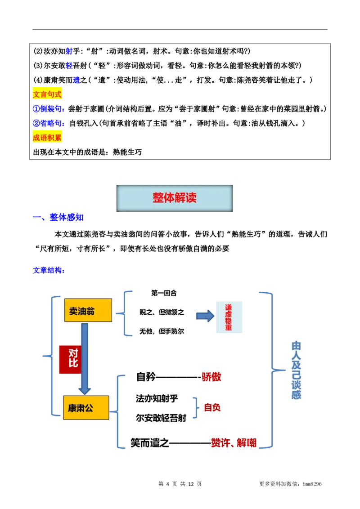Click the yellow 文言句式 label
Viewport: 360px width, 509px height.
coord(48,94)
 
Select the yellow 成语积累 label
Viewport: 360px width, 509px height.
coord(48,137)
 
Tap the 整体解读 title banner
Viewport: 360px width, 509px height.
coord(175,198)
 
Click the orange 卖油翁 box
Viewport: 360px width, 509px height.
coord(88,311)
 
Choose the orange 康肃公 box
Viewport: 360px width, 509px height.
coord(86,408)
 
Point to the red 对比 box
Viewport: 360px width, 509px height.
coord(70,358)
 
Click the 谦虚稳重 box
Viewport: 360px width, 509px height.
coord(229,317)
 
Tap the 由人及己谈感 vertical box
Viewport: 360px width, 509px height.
coord(298,369)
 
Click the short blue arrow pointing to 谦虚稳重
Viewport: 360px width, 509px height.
coord(204,316)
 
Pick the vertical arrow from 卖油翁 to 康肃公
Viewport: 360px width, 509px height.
coord(85,357)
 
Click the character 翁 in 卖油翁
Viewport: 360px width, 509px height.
coord(90,311)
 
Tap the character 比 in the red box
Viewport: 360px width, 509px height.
coord(73,363)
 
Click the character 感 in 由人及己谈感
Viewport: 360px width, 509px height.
coord(296,395)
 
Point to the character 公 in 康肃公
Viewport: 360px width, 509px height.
coord(89,408)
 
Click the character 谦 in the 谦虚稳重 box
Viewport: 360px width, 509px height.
coord(229,308)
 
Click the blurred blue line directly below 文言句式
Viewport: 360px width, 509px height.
coord(48,109)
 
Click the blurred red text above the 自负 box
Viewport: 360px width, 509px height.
coord(211,377)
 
